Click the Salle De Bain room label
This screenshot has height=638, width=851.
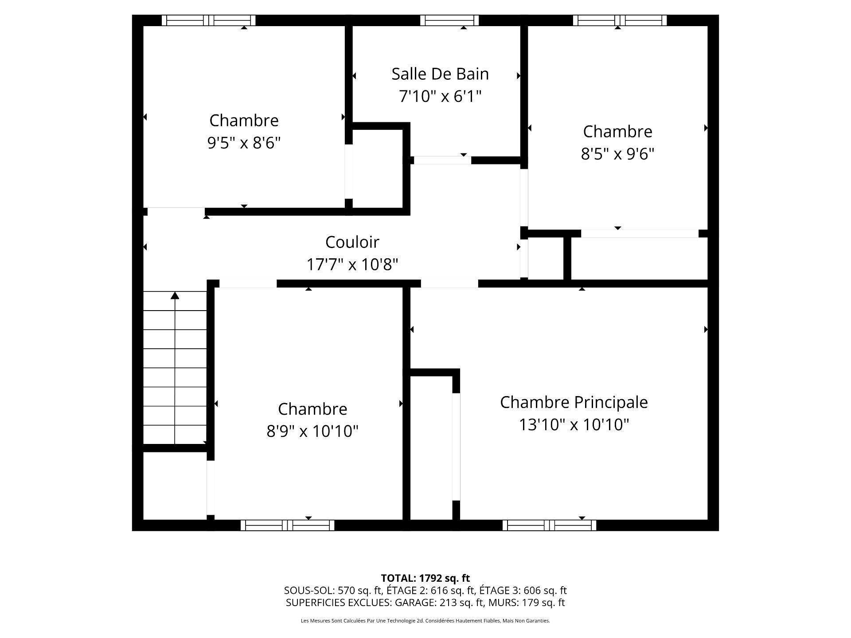coord(440,74)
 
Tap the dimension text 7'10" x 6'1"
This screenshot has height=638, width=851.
coord(440,96)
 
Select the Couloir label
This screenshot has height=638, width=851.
coord(352,242)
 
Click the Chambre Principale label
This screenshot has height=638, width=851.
coord(574,402)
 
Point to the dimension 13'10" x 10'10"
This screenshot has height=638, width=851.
coord(574,425)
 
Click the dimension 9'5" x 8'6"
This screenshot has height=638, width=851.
coord(244,143)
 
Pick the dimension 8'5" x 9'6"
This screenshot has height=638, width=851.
coord(617,154)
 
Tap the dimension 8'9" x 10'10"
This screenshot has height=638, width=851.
coord(312,431)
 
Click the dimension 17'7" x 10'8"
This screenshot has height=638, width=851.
coord(352,265)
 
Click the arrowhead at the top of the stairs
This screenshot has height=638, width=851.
coord(175,296)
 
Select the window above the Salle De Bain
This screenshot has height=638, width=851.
coord(449,20)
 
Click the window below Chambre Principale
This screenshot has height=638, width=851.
coord(549,525)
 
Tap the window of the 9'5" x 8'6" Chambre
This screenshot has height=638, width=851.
coord(208,20)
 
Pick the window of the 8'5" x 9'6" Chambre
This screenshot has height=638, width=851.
coord(620,20)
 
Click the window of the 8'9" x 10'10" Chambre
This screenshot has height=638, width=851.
coord(287,525)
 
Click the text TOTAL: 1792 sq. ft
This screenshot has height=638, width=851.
coord(425,578)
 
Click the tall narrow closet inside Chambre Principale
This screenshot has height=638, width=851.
coord(431,447)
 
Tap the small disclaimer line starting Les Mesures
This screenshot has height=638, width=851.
coord(425,621)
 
